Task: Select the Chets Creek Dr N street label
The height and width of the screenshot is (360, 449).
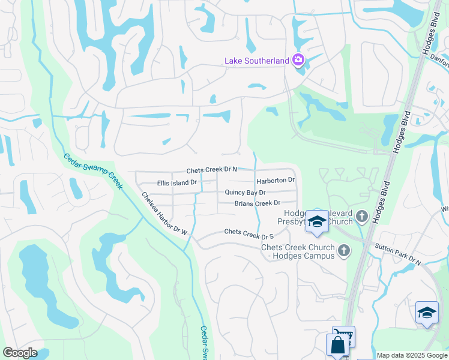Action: tap(211, 170)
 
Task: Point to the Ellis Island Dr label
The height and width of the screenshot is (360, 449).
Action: tap(177, 182)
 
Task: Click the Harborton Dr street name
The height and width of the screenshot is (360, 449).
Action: tap(276, 181)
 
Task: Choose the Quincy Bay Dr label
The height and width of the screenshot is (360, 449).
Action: tap(245, 193)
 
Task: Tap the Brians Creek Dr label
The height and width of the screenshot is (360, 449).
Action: tap(258, 204)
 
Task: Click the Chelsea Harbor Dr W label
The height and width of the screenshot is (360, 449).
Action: tap(164, 212)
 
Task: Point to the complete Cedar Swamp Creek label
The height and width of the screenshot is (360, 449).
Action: tap(93, 172)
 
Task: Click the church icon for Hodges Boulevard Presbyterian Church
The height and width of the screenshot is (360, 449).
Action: tap(361, 216)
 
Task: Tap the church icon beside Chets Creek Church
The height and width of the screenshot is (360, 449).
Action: tap(343, 250)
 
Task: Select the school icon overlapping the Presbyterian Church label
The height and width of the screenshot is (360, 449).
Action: tap(317, 221)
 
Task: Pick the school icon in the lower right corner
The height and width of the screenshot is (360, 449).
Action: tap(427, 313)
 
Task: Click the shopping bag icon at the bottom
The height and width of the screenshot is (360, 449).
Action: tap(337, 346)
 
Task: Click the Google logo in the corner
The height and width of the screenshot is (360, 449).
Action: tap(20, 353)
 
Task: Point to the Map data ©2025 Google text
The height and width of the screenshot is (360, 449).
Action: tap(412, 355)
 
